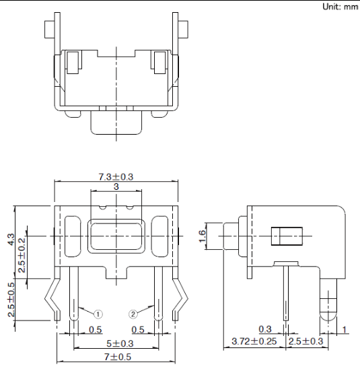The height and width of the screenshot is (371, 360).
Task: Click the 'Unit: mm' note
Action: click(x=340, y=7)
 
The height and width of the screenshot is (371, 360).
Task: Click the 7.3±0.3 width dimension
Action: click(x=116, y=176)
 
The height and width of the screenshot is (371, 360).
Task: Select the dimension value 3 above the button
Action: click(x=116, y=187)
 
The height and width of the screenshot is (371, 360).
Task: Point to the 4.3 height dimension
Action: click(x=11, y=239)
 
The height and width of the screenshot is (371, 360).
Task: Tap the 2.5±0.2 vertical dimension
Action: click(x=22, y=255)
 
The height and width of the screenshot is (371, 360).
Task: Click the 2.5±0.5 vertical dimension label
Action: click(x=11, y=300)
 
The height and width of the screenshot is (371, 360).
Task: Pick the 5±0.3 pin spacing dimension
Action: click(x=120, y=343)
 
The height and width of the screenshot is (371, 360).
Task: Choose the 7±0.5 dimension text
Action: click(x=118, y=357)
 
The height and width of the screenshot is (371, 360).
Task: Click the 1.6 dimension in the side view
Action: click(x=203, y=236)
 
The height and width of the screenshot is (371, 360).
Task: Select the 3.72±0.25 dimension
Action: click(x=254, y=341)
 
